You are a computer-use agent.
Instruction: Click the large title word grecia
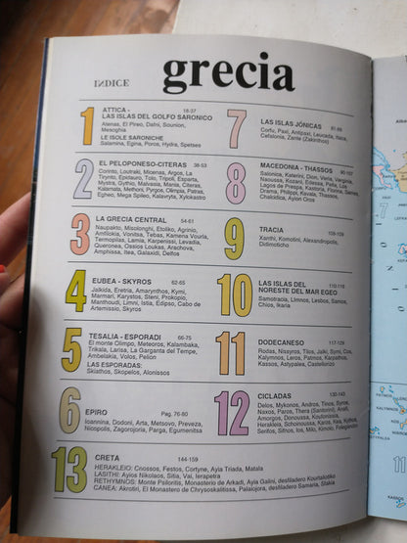[229, 73]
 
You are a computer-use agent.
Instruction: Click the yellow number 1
[88, 125]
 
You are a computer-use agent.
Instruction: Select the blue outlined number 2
[84, 178]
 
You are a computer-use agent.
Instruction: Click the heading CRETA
[107, 457]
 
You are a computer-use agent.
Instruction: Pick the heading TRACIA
[273, 234]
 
